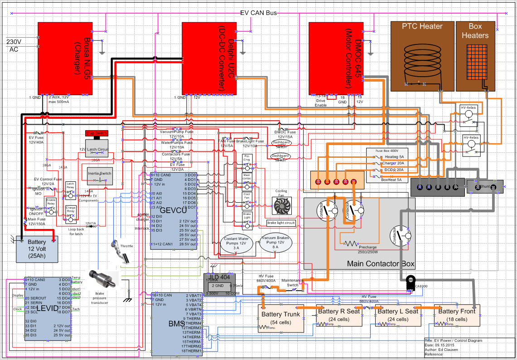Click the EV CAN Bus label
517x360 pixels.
coord(258,13)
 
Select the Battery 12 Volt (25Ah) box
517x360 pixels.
coord(37,249)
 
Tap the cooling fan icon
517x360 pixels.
coord(281,205)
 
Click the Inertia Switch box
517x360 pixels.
coord(99,174)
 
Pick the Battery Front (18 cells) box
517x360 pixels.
coord(457,315)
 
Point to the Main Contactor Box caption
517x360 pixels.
coord(381,263)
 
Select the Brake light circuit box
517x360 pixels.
coord(281,223)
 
